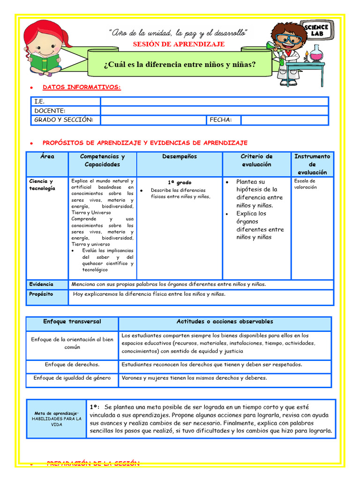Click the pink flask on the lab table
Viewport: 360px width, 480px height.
317,54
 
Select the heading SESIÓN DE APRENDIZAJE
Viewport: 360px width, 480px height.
179,44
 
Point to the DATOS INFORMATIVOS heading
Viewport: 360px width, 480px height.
82,87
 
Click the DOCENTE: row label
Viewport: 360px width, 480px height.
50,111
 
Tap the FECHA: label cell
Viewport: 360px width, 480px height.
221,120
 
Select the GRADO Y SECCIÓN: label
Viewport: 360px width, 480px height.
64,120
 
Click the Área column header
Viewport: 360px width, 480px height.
47,157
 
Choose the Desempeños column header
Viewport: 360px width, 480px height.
180,157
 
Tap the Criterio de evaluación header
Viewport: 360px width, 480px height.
256,160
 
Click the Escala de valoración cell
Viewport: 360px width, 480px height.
305,184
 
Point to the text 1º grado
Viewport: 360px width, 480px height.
180,182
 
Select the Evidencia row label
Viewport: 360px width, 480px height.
41,284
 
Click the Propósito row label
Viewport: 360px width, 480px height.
41,294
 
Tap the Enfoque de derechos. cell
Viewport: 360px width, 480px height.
72,364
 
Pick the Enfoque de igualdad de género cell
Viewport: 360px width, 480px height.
72,378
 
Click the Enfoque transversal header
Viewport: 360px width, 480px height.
72,322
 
